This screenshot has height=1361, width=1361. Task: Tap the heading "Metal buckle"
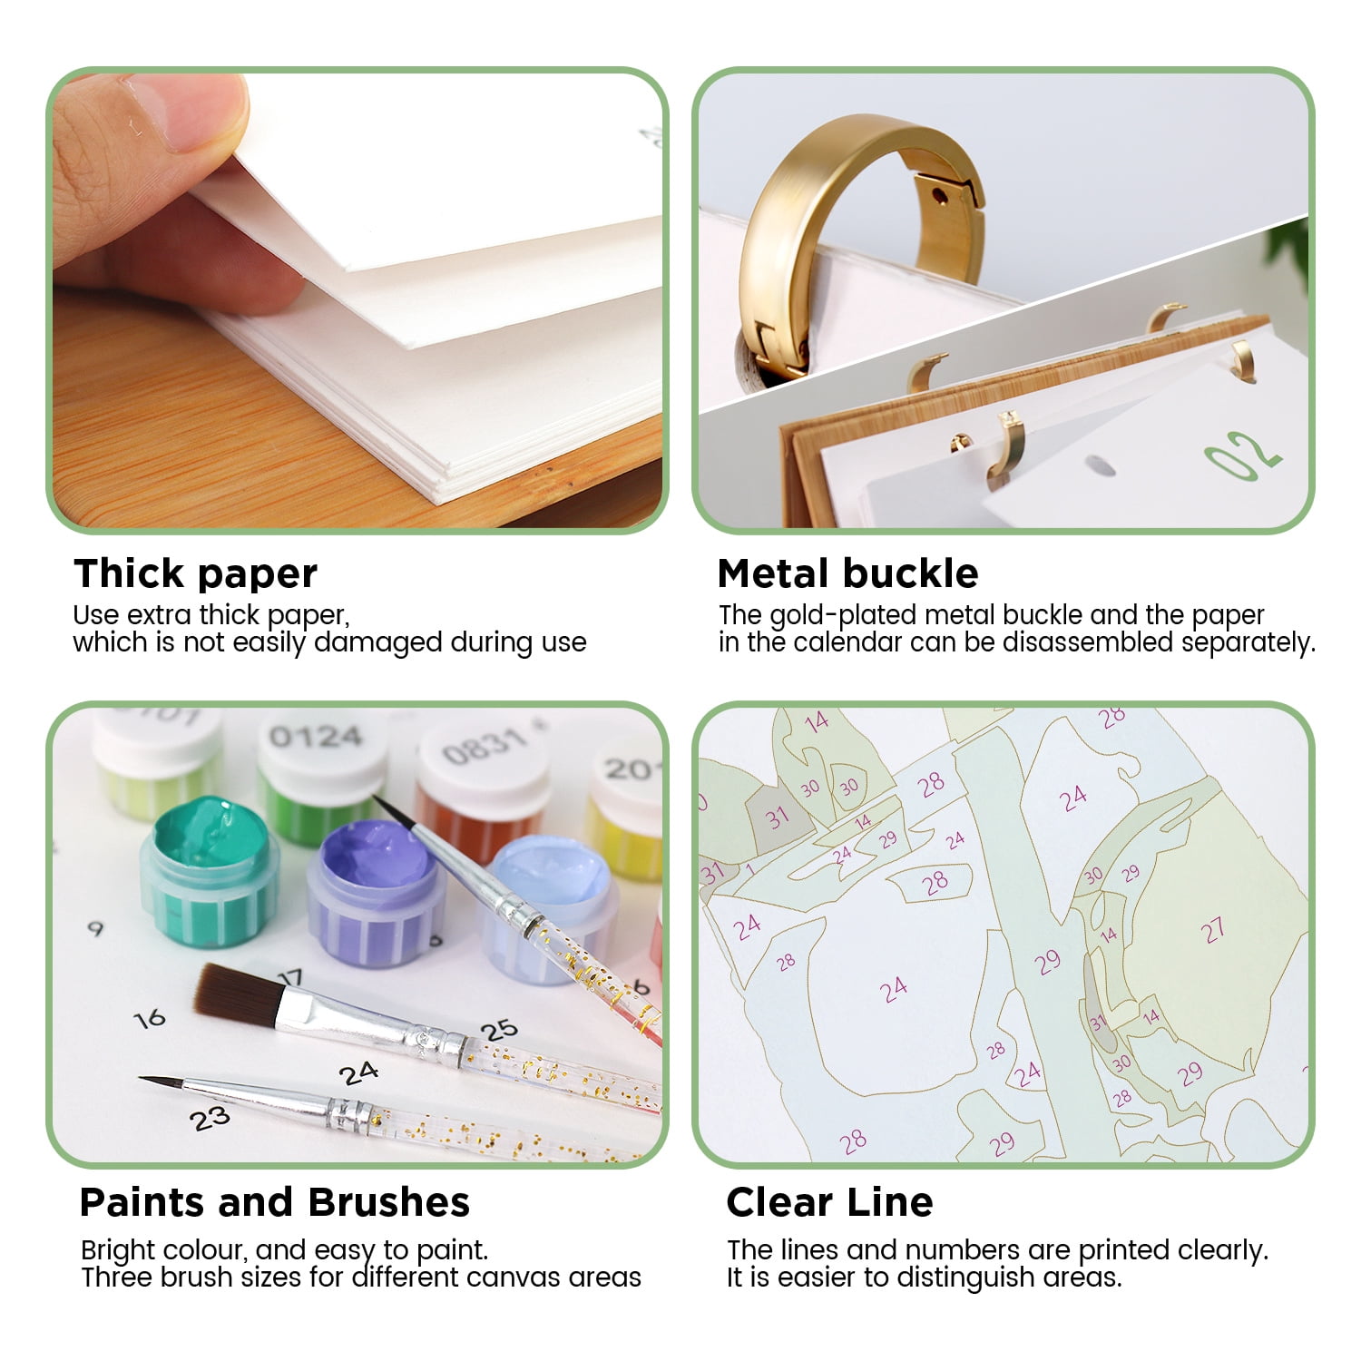click(x=847, y=573)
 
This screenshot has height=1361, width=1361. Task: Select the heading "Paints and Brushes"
click(x=274, y=1202)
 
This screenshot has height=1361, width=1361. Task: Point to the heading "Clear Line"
click(x=829, y=1202)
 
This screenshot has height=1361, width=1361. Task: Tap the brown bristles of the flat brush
click(x=238, y=992)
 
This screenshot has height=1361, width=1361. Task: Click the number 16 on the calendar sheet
click(x=150, y=1019)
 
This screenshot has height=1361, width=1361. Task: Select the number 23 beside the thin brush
click(x=210, y=1120)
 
